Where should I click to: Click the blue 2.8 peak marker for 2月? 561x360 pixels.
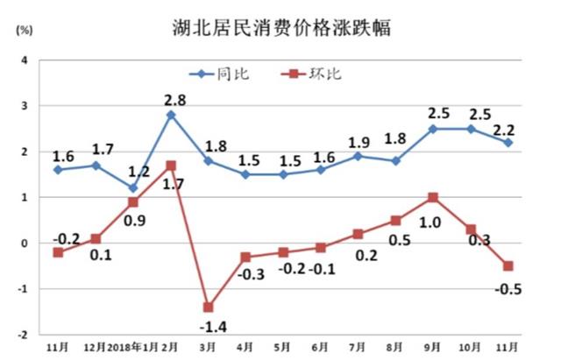[x=171, y=115]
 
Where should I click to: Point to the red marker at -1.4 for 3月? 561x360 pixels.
[x=209, y=307]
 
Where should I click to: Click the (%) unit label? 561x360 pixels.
[x=24, y=31]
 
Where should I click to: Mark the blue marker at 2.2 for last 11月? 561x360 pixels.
[x=508, y=142]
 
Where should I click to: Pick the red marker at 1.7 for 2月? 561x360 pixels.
[x=171, y=165]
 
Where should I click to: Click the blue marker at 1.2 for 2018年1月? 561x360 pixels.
[x=133, y=187]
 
